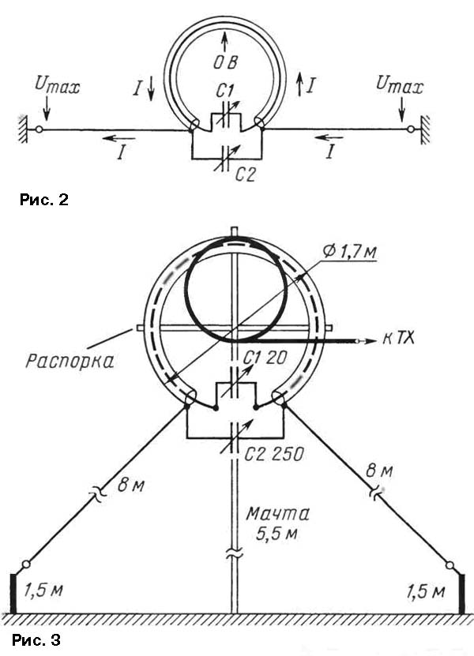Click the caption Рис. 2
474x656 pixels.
(x=43, y=200)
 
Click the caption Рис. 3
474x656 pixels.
(x=36, y=639)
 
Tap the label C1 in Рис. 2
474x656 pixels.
(x=225, y=91)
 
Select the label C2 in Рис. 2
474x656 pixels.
(x=245, y=174)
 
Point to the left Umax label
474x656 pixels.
(x=58, y=85)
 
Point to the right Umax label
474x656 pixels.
(x=400, y=85)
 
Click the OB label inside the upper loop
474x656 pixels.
(x=225, y=62)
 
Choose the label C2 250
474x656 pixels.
(x=274, y=455)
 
